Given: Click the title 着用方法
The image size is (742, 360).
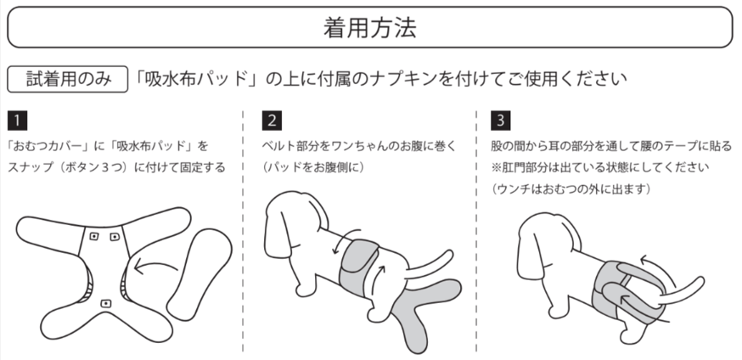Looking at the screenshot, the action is click(x=370, y=27).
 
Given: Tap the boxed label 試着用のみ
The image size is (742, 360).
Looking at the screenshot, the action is click(x=68, y=79).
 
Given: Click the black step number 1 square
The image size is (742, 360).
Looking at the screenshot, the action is click(x=17, y=121).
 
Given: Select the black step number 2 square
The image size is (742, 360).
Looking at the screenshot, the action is click(x=272, y=121).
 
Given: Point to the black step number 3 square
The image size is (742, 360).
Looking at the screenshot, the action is click(x=500, y=121).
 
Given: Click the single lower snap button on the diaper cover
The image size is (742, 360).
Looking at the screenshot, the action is click(x=106, y=303).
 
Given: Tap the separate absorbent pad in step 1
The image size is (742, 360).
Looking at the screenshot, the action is click(x=200, y=274).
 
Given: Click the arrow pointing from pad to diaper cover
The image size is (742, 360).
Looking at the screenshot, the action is click(x=155, y=267).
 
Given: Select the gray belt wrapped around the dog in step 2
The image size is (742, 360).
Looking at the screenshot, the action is click(x=359, y=266).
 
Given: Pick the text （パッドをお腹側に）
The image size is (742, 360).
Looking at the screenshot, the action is click(x=313, y=167).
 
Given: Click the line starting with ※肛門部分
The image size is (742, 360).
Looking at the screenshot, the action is click(x=600, y=167).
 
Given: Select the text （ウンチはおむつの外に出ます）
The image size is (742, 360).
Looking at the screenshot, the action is click(x=571, y=189).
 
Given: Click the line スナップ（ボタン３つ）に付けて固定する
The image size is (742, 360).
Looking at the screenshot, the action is click(x=116, y=167).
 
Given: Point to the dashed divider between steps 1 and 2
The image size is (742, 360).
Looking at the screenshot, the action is click(x=243, y=232).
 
